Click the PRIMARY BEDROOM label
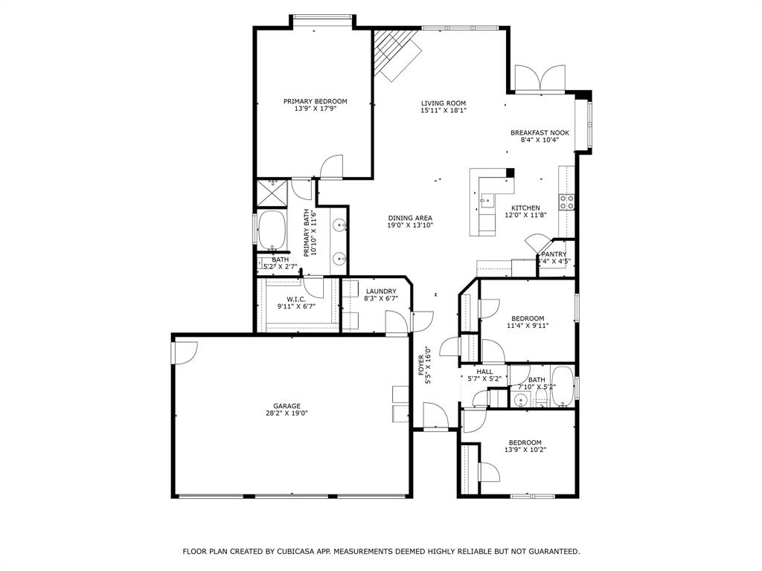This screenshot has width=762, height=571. [315, 101]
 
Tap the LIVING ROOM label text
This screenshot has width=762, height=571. [444, 103]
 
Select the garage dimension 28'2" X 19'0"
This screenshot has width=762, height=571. [286, 413]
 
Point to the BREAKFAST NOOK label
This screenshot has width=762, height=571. [540, 132]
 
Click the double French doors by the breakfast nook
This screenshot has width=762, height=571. [540, 79]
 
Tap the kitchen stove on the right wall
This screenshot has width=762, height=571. [567, 199]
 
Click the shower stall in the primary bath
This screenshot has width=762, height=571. [272, 192]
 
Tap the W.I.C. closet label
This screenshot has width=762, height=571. [296, 300]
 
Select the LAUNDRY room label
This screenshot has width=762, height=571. [380, 291]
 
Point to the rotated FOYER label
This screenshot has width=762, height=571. [420, 362]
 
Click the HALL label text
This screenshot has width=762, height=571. [484, 372]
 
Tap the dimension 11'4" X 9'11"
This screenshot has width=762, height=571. [528, 325]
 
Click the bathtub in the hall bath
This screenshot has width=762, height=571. [563, 387]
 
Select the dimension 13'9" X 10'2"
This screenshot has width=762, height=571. [525, 449]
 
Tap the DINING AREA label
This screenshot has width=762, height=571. [409, 218]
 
